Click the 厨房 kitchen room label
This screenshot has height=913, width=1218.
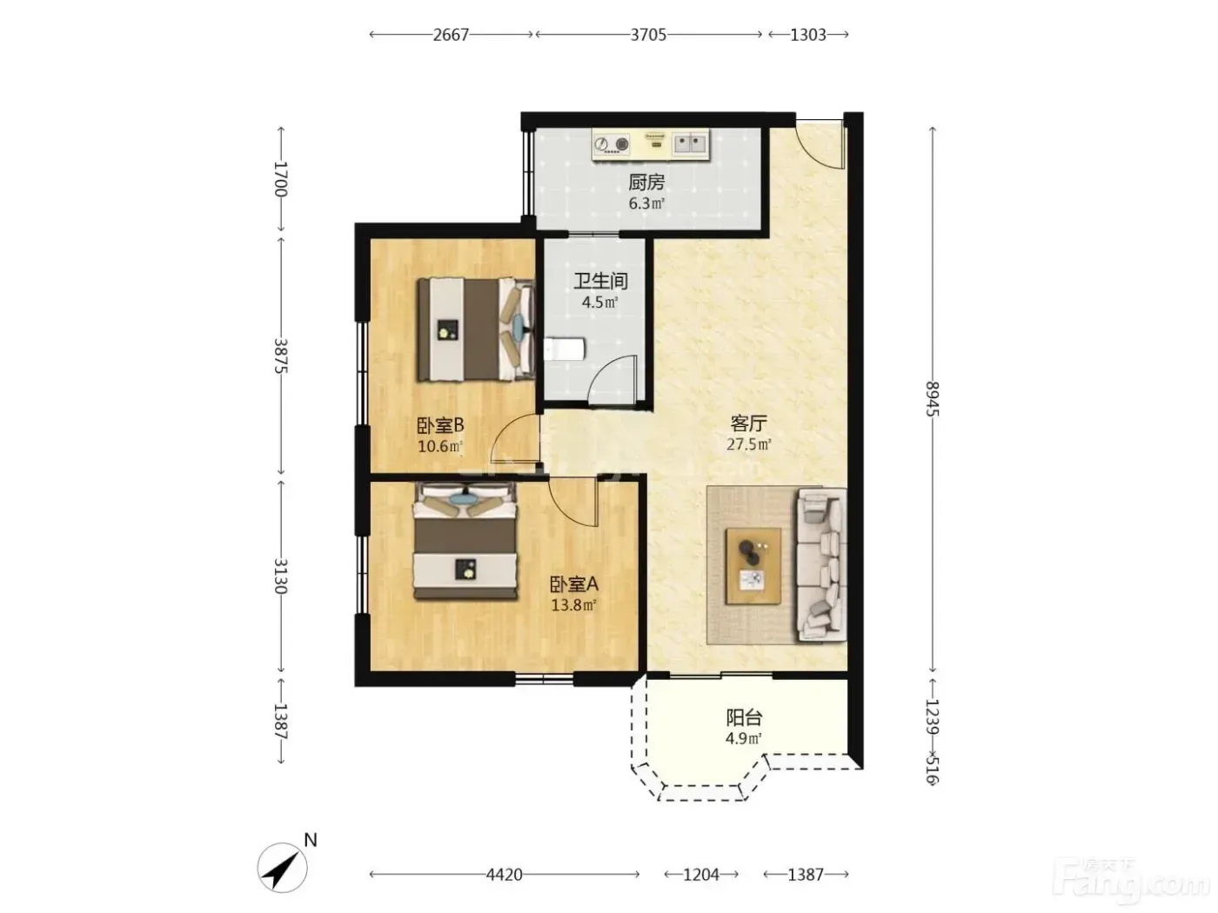tap(646, 183)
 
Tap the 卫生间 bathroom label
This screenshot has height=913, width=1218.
tap(600, 281)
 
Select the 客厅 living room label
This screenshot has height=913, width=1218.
tap(748, 423)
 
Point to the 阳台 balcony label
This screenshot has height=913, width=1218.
tap(744, 718)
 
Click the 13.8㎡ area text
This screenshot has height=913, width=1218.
tap(573, 605)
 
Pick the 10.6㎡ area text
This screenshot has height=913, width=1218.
tap(440, 446)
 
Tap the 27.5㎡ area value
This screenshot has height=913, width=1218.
tap(749, 444)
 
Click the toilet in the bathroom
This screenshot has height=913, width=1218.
tap(564, 350)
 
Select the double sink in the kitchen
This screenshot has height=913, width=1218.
tap(691, 143)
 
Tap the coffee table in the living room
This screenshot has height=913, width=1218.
tap(753, 565)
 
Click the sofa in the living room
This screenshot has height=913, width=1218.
tap(821, 565)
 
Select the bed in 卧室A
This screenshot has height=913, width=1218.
tap(465, 541)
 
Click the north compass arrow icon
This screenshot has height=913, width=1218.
tap(283, 868)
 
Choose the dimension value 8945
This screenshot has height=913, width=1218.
tap(933, 399)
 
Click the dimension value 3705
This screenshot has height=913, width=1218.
tap(648, 35)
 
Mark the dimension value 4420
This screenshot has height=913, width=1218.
tap(504, 875)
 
